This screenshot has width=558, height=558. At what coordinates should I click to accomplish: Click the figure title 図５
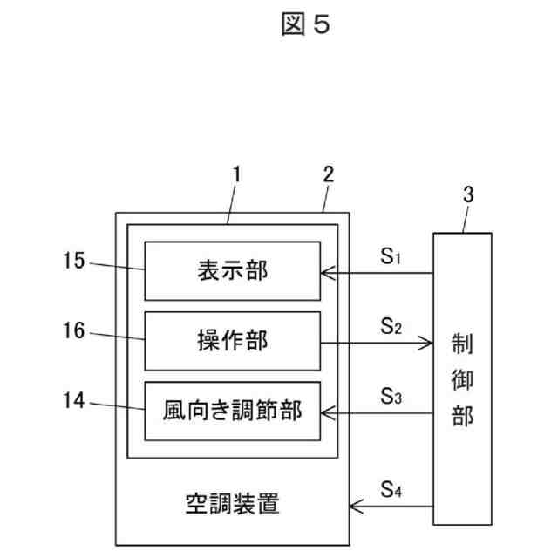point(305,24)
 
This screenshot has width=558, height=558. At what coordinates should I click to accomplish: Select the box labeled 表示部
point(233,271)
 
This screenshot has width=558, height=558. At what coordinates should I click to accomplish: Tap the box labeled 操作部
point(233,341)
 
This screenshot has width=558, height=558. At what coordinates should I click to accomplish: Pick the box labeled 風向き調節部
point(233,411)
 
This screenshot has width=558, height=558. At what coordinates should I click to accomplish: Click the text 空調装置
point(233,503)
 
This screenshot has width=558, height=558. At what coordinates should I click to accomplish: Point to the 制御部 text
point(462,380)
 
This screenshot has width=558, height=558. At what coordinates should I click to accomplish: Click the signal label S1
point(391,255)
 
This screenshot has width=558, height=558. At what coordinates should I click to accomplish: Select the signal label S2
point(391,326)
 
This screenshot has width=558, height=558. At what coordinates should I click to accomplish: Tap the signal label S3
point(391,396)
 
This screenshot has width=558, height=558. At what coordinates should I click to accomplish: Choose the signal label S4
point(391,489)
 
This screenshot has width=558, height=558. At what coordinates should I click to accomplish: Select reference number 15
point(73,261)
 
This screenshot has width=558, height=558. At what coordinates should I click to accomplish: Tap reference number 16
point(73,330)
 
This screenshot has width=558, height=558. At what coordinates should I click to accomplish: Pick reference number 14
point(73,400)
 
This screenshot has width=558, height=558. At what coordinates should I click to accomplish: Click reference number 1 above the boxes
point(236,174)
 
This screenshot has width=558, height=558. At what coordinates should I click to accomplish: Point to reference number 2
point(328,174)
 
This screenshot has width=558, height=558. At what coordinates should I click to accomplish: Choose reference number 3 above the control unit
point(468,194)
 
